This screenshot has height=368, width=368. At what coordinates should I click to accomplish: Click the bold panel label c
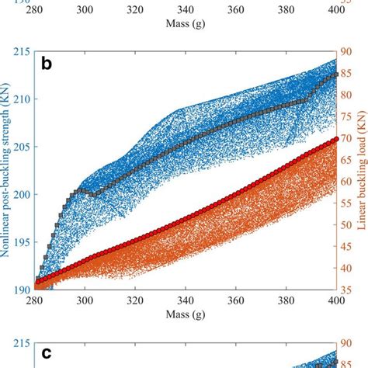pyautogui.click(x=47, y=353)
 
